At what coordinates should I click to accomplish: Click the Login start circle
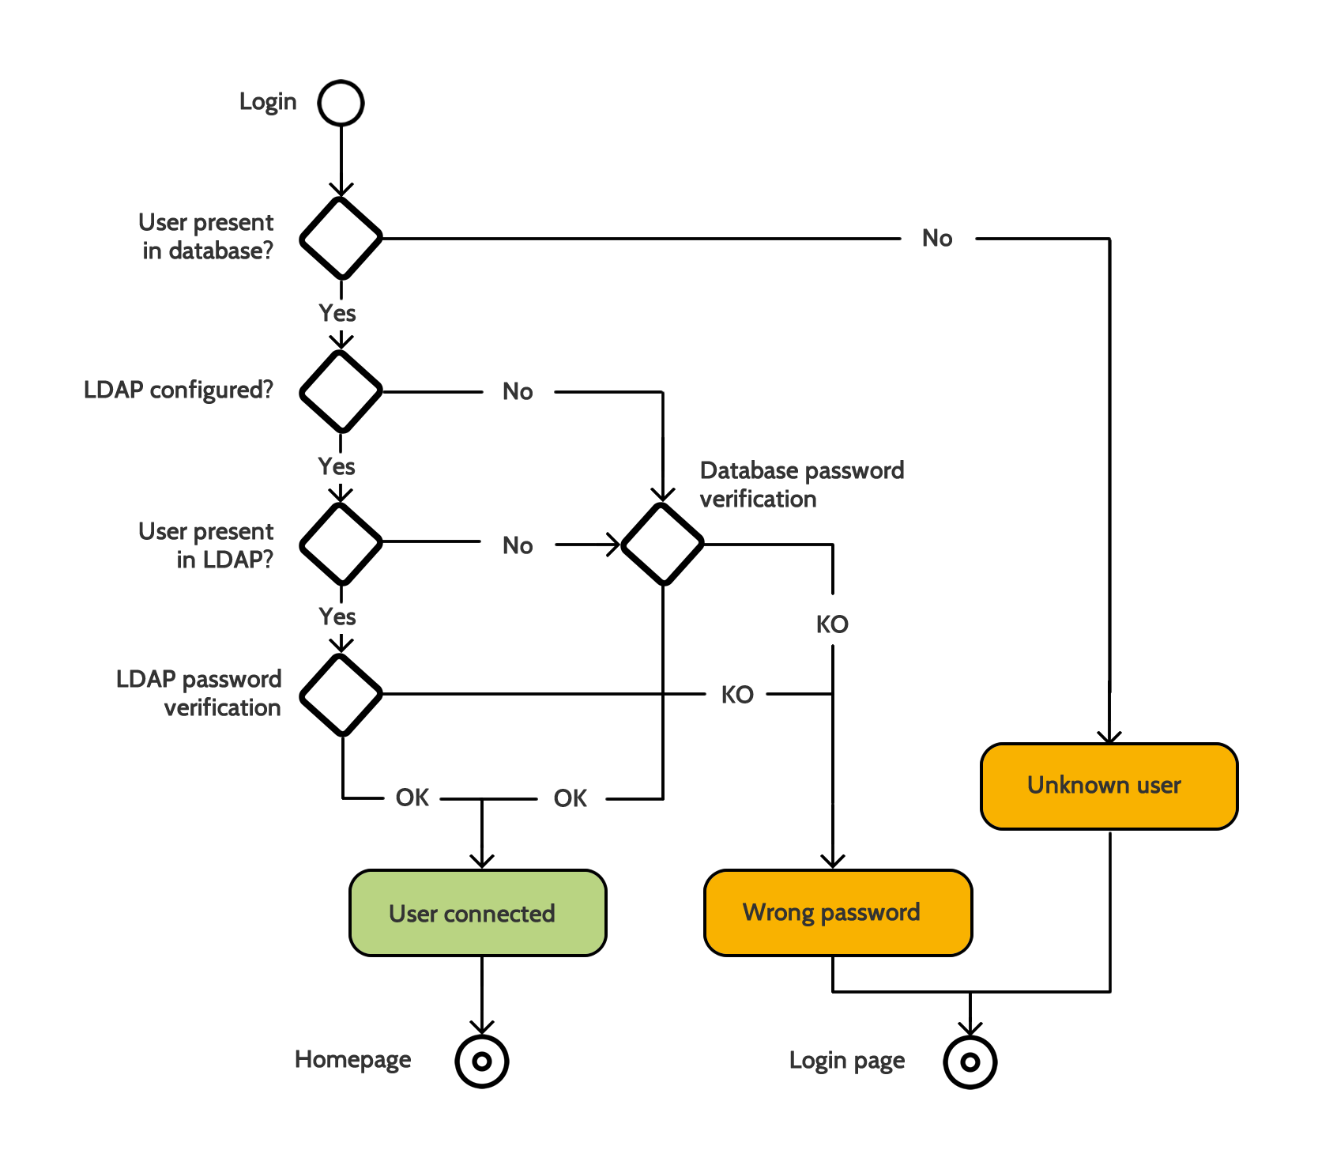coord(341,103)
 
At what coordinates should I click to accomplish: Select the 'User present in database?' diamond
coord(341,238)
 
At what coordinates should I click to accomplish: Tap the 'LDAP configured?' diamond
coord(341,391)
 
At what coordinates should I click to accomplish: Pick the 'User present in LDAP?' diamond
coord(341,544)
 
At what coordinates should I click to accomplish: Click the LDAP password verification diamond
coord(341,695)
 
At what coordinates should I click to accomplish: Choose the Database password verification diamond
coord(662,545)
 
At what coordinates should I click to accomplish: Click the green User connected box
coord(477,913)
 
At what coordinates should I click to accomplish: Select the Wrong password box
coord(837,913)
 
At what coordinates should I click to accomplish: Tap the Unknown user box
coord(1108,786)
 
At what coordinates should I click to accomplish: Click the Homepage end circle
coord(481,1062)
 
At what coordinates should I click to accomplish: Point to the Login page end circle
coord(970,1062)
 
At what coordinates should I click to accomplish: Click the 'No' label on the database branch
coord(937,238)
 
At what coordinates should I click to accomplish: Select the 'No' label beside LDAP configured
coord(518,391)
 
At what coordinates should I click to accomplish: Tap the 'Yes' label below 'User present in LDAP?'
coord(337,617)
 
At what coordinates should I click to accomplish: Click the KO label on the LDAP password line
coord(737,695)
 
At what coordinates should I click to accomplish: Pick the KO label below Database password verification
coord(832,624)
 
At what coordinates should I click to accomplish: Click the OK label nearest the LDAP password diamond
coord(412,798)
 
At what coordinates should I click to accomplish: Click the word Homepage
coord(352,1060)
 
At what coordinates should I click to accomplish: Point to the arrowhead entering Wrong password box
coord(832,862)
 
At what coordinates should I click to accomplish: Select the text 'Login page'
coord(846,1061)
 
